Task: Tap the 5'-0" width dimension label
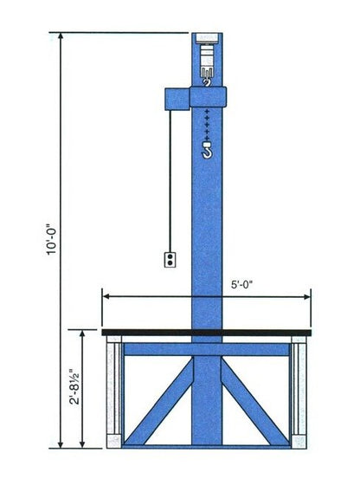coord(242,285)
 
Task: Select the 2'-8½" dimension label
coord(74,386)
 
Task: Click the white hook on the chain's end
coord(207,151)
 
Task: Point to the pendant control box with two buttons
coord(170,259)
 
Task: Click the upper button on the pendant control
coord(170,256)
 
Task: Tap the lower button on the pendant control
coord(170,262)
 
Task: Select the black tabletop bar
coord(207,332)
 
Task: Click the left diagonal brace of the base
coord(158,402)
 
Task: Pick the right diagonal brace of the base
coord(255,402)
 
